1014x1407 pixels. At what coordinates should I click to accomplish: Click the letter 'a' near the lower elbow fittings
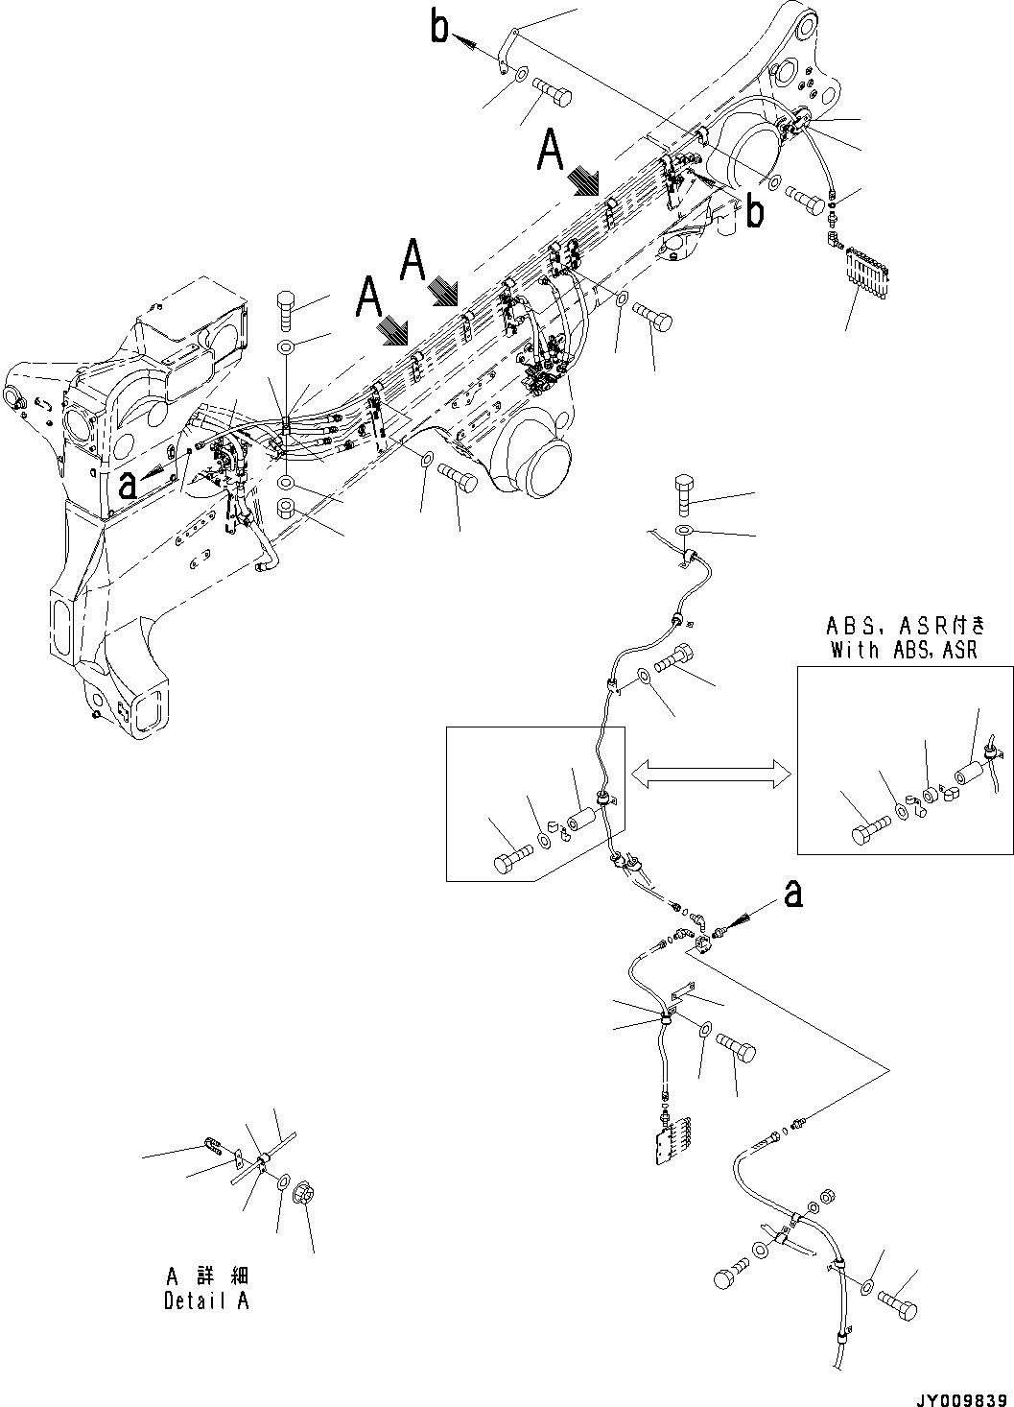click(x=792, y=894)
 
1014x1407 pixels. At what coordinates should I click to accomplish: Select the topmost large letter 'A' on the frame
click(x=551, y=151)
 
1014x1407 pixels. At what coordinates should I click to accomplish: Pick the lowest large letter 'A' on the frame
click(x=369, y=297)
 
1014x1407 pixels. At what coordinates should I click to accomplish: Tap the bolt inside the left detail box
click(x=511, y=860)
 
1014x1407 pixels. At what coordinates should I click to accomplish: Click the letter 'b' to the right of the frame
click(x=756, y=213)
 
